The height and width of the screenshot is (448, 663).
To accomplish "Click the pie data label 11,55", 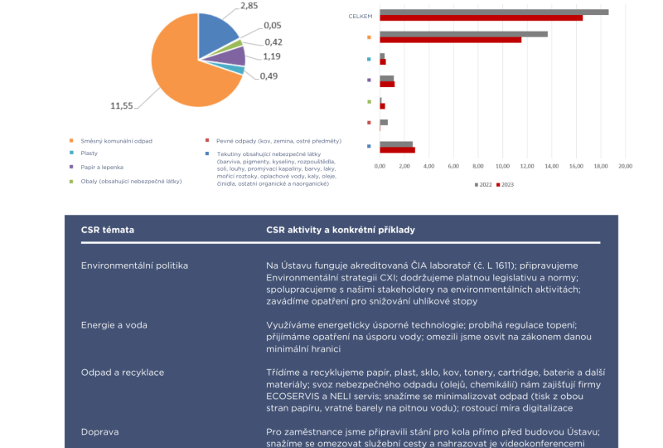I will pyautogui.click(x=122, y=105).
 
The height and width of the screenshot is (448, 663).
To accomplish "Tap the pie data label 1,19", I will pyautogui.click(x=272, y=57).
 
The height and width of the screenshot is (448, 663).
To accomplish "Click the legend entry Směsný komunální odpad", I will pyautogui.click(x=115, y=141).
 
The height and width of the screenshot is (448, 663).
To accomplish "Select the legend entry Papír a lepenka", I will pyautogui.click(x=104, y=167).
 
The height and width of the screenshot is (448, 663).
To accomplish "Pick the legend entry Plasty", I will pyautogui.click(x=90, y=153).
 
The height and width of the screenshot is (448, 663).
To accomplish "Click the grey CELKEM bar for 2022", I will pyautogui.click(x=494, y=12).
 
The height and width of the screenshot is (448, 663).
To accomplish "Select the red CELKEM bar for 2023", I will pyautogui.click(x=481, y=17).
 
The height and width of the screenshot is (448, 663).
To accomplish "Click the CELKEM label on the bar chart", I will pyautogui.click(x=360, y=16).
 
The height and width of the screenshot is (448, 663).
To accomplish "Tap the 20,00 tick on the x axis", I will pyautogui.click(x=625, y=167).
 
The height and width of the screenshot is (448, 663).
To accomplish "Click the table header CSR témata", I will pyautogui.click(x=108, y=229).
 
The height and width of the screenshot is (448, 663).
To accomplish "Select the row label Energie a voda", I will pyautogui.click(x=114, y=325).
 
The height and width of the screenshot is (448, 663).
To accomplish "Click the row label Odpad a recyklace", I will pyautogui.click(x=122, y=373).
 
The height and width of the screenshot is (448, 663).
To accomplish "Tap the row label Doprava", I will pyautogui.click(x=100, y=431).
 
